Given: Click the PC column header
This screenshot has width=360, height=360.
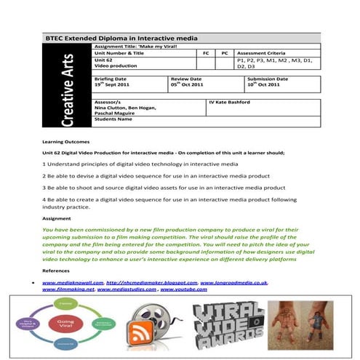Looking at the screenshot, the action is point(225,53).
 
